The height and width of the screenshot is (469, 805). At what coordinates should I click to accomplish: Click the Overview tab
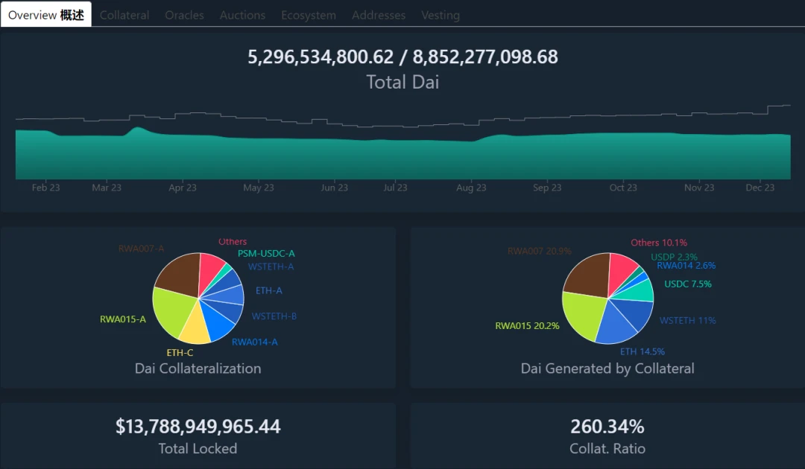46,15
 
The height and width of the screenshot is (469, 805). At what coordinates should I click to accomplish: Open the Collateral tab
124,15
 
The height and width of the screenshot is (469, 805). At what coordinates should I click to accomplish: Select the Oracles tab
184,15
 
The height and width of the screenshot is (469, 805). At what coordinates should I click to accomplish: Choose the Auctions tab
242,15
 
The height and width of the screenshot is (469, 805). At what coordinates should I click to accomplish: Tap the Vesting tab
441,15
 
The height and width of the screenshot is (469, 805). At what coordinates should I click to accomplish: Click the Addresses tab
379,15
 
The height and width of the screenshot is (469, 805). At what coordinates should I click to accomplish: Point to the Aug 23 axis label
471,188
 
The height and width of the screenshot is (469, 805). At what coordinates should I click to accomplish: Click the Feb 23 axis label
45,188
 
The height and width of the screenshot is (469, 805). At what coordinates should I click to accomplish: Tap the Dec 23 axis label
760,188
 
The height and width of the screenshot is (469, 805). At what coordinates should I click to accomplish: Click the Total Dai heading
402,82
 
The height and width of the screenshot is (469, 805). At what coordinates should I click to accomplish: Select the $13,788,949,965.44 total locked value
198,427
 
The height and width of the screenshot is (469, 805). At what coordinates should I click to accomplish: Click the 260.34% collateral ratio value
607,427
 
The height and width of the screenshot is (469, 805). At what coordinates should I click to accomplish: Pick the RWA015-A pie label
123,320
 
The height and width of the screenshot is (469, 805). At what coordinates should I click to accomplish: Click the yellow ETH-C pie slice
194,324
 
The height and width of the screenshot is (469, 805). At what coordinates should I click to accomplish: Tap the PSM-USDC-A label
266,254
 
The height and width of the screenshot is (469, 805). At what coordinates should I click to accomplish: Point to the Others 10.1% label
659,243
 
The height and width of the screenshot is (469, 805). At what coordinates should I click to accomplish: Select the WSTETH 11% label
687,321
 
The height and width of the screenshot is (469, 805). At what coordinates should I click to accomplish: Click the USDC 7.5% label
687,284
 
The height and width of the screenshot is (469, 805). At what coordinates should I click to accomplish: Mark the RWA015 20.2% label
527,326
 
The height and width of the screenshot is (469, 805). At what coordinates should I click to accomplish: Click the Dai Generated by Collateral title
607,368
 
